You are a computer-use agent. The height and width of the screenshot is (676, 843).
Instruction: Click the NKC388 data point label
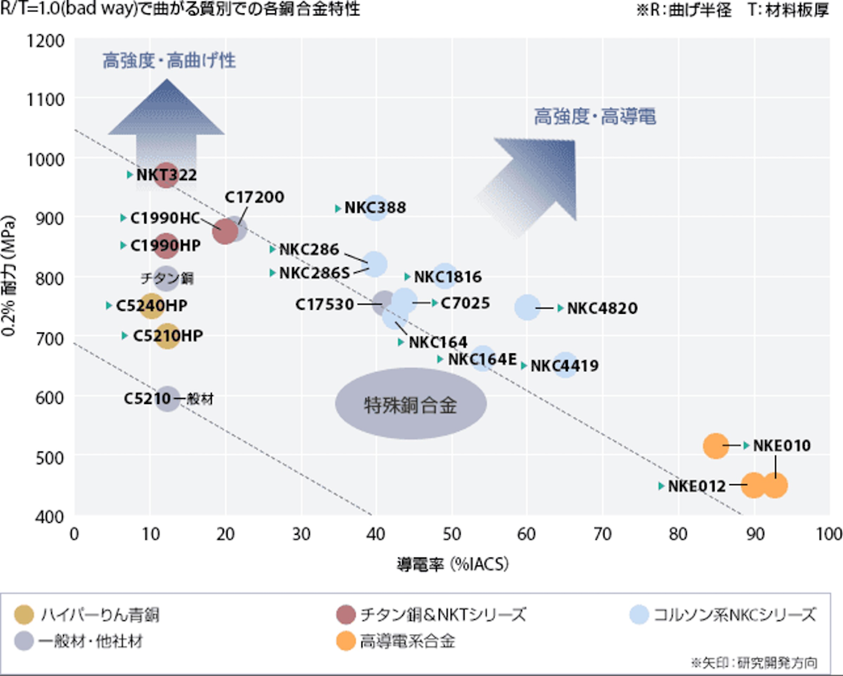click(x=375, y=208)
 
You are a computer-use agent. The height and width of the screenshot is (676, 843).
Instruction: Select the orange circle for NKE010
click(x=715, y=445)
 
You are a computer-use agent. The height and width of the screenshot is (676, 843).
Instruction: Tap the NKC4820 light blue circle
click(x=527, y=307)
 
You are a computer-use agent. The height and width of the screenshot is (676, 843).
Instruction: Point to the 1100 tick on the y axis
click(x=45, y=100)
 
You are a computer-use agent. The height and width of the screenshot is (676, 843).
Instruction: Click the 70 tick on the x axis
click(x=602, y=534)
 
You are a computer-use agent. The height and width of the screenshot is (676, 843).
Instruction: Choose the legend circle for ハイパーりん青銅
click(x=24, y=615)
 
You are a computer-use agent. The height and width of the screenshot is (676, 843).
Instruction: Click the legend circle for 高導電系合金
click(x=346, y=641)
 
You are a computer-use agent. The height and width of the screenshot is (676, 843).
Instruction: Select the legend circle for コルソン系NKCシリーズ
click(x=639, y=615)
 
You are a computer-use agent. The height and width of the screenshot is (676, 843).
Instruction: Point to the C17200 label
click(x=254, y=197)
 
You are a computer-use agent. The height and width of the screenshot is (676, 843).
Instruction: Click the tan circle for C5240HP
click(x=151, y=305)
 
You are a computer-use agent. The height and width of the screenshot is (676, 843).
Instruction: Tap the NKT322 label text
click(x=166, y=175)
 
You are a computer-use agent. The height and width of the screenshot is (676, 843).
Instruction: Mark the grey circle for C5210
click(x=167, y=399)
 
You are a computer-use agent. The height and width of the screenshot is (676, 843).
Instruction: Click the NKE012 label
click(x=697, y=486)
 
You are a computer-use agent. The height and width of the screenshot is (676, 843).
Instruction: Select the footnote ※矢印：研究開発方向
click(x=753, y=663)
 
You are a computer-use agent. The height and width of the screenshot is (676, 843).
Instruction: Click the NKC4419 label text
click(x=564, y=366)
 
